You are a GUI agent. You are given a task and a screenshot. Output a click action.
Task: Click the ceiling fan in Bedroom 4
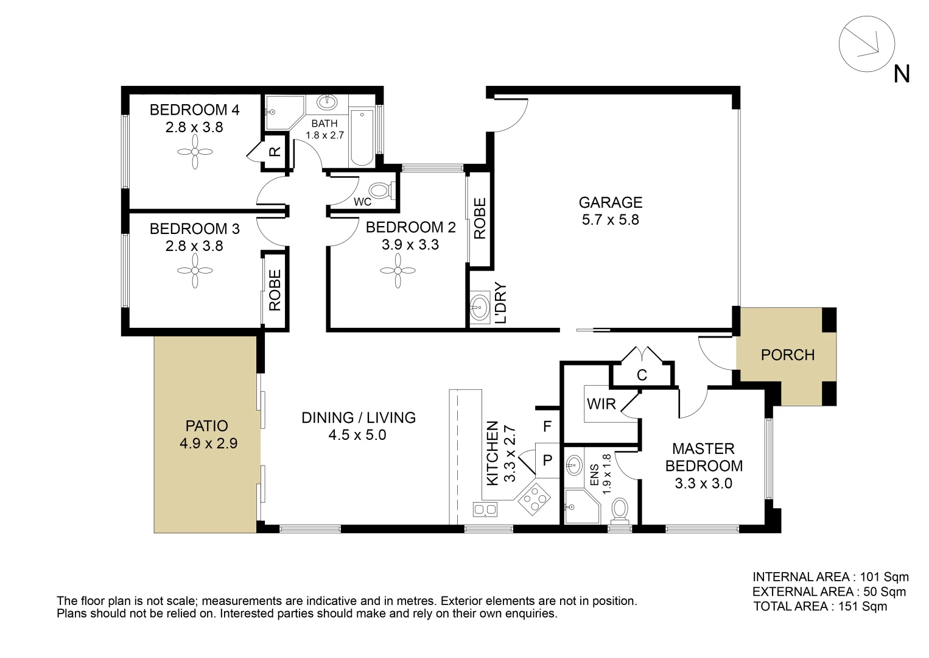point(195,151)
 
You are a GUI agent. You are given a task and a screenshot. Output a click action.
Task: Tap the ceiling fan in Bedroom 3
point(195,271)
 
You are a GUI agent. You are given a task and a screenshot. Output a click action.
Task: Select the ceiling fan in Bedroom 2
point(398,271)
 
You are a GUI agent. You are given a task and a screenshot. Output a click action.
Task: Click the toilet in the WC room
point(380,191)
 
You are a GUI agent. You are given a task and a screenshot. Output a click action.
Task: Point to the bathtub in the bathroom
point(362,138)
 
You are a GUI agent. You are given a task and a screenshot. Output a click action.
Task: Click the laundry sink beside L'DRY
point(480,306)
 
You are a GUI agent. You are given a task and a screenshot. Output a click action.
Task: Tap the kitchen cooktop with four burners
point(534,499)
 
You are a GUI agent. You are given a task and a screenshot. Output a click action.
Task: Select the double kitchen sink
point(485,509)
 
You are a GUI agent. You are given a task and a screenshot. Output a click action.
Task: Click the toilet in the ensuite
point(620,509)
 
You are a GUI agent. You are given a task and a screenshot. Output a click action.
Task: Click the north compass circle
point(866,44)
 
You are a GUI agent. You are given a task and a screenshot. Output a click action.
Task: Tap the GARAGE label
point(610,202)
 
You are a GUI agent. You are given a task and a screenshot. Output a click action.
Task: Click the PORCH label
point(787,355)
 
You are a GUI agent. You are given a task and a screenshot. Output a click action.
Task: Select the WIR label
point(601,404)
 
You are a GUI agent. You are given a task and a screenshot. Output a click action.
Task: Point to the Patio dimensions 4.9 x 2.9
point(208,444)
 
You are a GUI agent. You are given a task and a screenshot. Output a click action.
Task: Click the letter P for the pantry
point(547,461)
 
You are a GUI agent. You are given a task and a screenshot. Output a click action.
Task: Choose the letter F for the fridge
point(547,426)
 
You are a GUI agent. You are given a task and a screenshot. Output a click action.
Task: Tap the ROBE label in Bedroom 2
point(480,219)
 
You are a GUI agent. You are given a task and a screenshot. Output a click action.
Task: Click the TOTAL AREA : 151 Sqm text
point(819,606)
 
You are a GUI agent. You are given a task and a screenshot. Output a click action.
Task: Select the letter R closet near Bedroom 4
point(275,152)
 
